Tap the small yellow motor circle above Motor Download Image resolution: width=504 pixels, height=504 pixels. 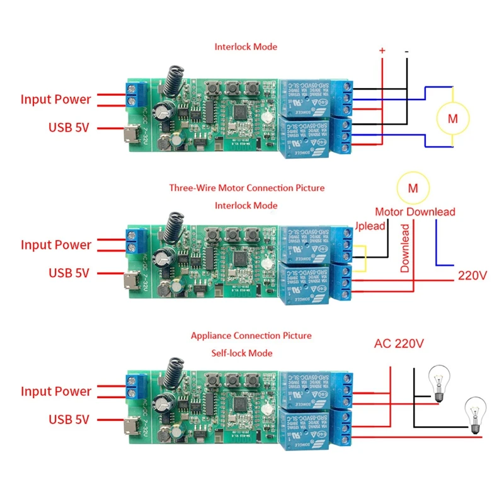(413, 188)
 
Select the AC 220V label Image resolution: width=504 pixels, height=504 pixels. (399, 344)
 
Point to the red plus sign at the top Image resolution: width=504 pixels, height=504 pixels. (381, 50)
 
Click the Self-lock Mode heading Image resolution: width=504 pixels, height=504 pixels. (242, 353)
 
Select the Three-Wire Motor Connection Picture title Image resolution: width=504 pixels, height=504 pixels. (246, 188)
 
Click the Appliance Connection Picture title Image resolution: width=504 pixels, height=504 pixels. (251, 336)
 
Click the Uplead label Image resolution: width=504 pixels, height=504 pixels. (370, 226)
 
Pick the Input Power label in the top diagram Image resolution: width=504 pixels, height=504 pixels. (55, 100)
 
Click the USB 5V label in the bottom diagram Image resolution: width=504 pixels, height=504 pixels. (69, 419)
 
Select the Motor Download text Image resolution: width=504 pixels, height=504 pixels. (415, 212)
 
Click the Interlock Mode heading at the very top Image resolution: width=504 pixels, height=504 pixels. (246, 47)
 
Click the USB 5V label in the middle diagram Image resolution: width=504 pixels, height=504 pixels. (69, 273)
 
